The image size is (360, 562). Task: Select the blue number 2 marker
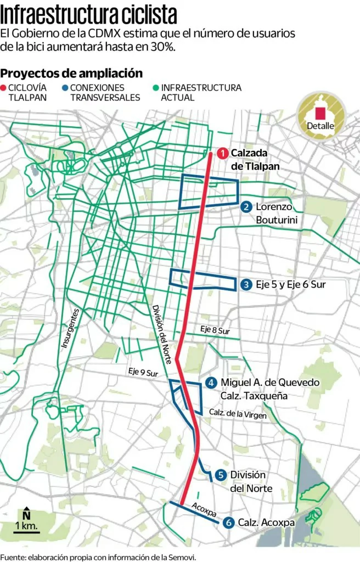pos(246,207)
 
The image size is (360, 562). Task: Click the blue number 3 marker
pos(246,284)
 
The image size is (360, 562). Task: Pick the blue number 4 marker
pos(211,383)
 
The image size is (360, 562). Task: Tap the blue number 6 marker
pos(228,523)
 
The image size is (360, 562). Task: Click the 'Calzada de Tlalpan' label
pos(255,160)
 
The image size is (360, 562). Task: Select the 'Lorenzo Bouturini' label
pos(274,213)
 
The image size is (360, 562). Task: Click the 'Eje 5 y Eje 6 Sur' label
pos(294,284)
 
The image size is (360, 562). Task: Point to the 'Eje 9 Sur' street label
pos(144,372)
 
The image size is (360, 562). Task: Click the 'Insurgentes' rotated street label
pos(71,328)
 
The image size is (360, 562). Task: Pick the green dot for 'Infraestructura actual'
pos(156,88)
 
